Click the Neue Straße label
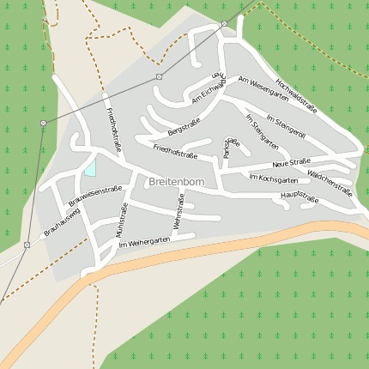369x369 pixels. point(291,162)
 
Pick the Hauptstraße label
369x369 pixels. point(299,199)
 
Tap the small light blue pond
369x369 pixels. point(90,166)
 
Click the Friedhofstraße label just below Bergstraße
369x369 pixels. point(175,153)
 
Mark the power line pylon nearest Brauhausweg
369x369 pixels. point(27,245)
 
